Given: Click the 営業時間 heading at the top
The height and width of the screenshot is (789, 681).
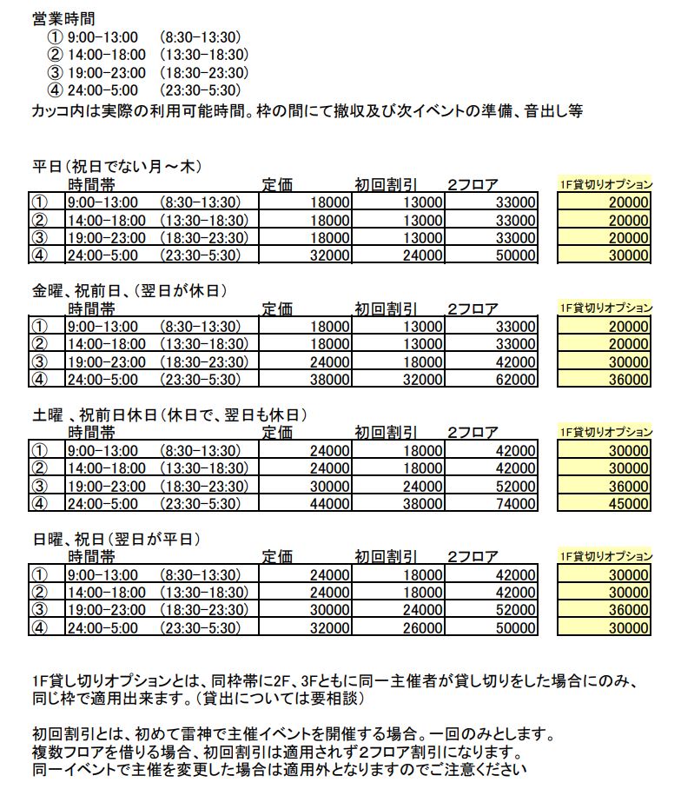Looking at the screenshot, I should click(63, 17).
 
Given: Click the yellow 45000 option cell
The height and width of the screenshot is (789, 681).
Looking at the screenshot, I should click(629, 502).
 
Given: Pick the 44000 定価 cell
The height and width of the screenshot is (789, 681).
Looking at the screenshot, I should click(331, 502).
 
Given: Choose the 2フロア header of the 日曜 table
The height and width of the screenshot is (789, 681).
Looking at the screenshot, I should click(473, 557).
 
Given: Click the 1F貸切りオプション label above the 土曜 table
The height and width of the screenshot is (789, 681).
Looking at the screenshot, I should click(605, 432).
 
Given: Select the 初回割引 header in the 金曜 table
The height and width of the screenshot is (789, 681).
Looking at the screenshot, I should click(386, 308).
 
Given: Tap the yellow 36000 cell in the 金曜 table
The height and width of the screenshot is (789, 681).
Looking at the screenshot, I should click(629, 379).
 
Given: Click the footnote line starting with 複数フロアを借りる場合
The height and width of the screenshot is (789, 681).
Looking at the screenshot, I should click(278, 752).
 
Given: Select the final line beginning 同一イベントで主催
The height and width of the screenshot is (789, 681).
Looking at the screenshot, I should click(278, 769).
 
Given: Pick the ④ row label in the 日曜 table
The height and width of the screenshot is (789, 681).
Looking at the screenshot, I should click(39, 627).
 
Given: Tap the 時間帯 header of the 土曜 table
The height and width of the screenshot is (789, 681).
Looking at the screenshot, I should click(92, 432).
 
